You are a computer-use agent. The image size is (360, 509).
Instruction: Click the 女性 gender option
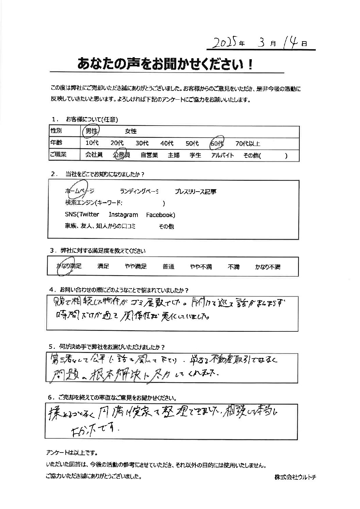pyautogui.click(x=131, y=131)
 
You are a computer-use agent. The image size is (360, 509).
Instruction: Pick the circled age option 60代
pyautogui.click(x=216, y=143)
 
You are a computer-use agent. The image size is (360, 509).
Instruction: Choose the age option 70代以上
pyautogui.click(x=248, y=144)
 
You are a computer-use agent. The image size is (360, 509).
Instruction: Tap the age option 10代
pyautogui.click(x=92, y=144)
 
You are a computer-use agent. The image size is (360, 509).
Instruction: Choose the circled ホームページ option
pyautogui.click(x=79, y=192)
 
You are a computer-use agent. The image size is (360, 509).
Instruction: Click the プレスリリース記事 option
pyautogui.click(x=195, y=192)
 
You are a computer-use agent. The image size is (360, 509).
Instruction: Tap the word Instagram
pyautogui.click(x=123, y=215)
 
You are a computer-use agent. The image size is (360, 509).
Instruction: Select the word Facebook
pyautogui.click(x=160, y=215)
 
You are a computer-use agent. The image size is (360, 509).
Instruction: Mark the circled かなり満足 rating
pyautogui.click(x=69, y=266)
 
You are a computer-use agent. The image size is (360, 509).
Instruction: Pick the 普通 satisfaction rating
pyautogui.click(x=168, y=267)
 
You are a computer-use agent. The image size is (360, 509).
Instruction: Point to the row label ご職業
pyautogui.click(x=58, y=155)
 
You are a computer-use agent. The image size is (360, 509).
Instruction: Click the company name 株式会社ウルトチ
pyautogui.click(x=295, y=477)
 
